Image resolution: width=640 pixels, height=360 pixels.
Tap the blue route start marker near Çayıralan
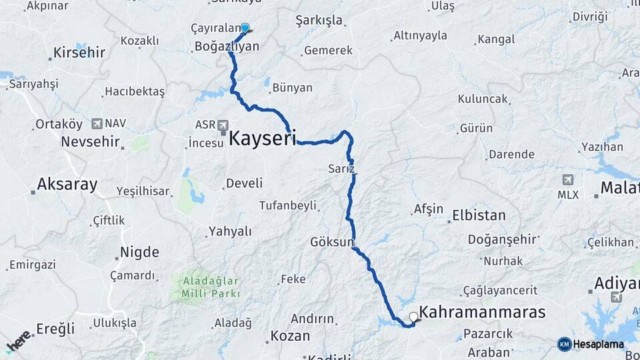click(x=245, y=28)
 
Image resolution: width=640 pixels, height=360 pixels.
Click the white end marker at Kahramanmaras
click(x=413, y=317)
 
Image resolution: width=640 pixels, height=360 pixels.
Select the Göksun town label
click(x=332, y=242)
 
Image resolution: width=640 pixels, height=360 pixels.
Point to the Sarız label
click(x=341, y=168)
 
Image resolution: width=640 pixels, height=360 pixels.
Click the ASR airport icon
click(x=222, y=125)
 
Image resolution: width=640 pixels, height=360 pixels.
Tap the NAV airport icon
click(x=97, y=123)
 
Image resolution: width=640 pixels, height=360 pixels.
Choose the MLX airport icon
click(x=568, y=180)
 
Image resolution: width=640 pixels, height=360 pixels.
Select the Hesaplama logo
click(x=591, y=344)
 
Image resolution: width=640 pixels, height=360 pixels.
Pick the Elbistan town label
click(x=479, y=215)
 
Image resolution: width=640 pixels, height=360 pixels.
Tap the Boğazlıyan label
click(x=226, y=46)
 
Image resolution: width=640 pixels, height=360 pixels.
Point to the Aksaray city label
click(x=67, y=185)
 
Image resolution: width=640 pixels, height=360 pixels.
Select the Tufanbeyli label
click(x=287, y=205)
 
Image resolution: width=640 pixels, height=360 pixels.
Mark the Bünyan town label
click(x=293, y=87)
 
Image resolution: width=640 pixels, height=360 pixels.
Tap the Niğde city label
click(x=139, y=252)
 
